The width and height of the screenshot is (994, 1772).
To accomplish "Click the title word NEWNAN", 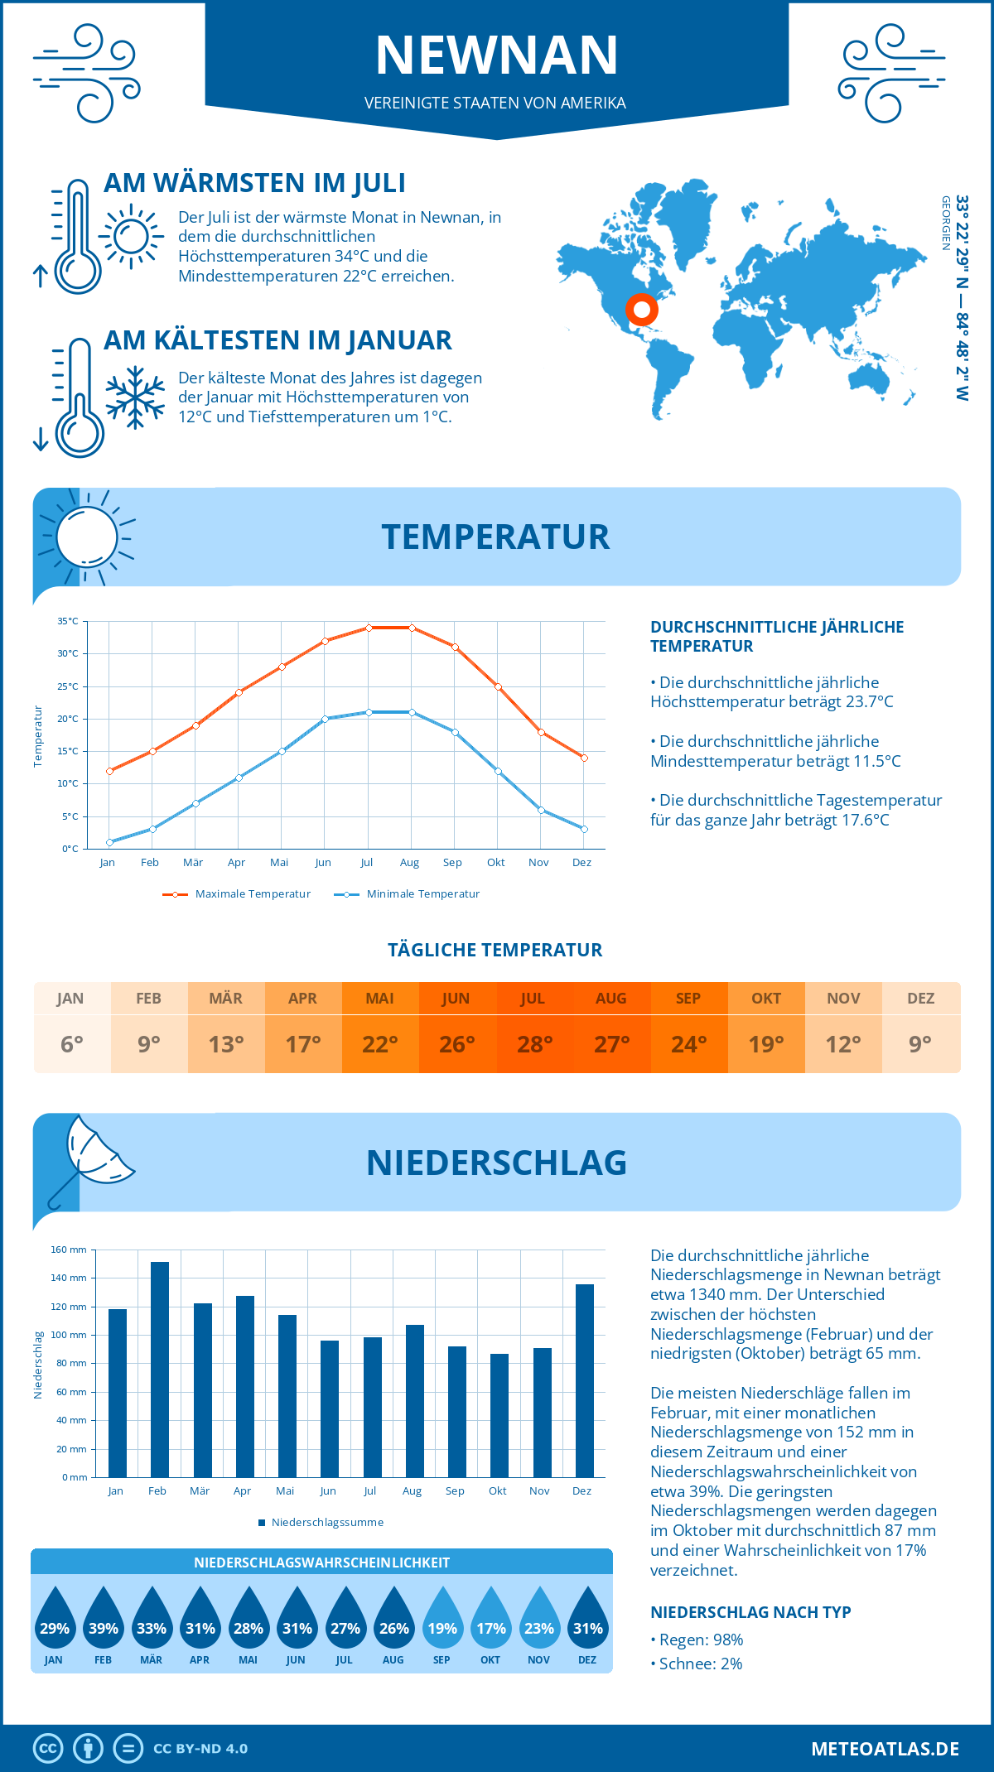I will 497,55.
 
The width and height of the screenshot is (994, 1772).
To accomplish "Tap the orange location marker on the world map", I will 641,310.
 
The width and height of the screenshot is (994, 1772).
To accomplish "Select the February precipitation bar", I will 159,1370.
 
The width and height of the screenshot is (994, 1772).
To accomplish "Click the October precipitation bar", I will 499,1415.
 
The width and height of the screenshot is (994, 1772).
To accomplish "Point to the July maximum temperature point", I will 369,628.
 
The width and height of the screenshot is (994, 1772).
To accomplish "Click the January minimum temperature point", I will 109,842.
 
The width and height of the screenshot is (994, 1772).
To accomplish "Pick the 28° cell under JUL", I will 534,1044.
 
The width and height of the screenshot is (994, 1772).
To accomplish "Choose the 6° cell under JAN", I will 72,1044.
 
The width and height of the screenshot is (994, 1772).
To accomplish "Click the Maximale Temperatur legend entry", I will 237,894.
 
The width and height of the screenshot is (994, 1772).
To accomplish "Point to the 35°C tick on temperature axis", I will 68,621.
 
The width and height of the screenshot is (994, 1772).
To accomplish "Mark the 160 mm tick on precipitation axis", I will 70,1250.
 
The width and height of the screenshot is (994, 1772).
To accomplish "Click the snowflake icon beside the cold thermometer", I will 135,397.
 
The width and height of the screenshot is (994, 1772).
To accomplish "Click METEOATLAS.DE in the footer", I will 885,1749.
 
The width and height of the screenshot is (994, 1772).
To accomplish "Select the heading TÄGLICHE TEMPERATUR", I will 495,950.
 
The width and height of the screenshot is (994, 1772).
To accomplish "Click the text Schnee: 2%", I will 700,1664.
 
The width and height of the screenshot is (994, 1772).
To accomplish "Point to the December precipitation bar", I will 584,1380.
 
